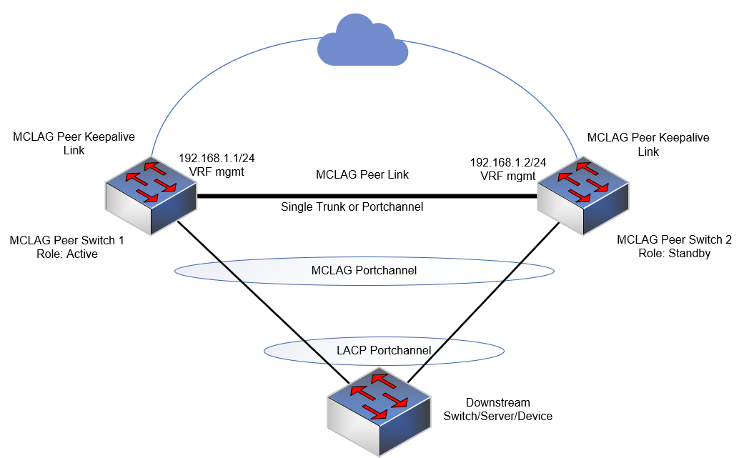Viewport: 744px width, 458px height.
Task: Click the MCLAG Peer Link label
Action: point(362,174)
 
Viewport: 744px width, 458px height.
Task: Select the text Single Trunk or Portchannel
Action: point(352,207)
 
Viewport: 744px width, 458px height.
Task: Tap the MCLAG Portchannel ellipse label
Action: point(364,271)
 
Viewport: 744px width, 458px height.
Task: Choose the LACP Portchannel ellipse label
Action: point(384,350)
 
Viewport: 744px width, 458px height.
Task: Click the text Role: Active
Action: point(66,254)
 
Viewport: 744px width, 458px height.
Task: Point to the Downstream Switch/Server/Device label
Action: point(498,409)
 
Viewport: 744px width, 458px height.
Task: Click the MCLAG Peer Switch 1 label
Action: point(66,241)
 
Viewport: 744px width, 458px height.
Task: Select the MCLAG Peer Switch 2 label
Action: point(674,240)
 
